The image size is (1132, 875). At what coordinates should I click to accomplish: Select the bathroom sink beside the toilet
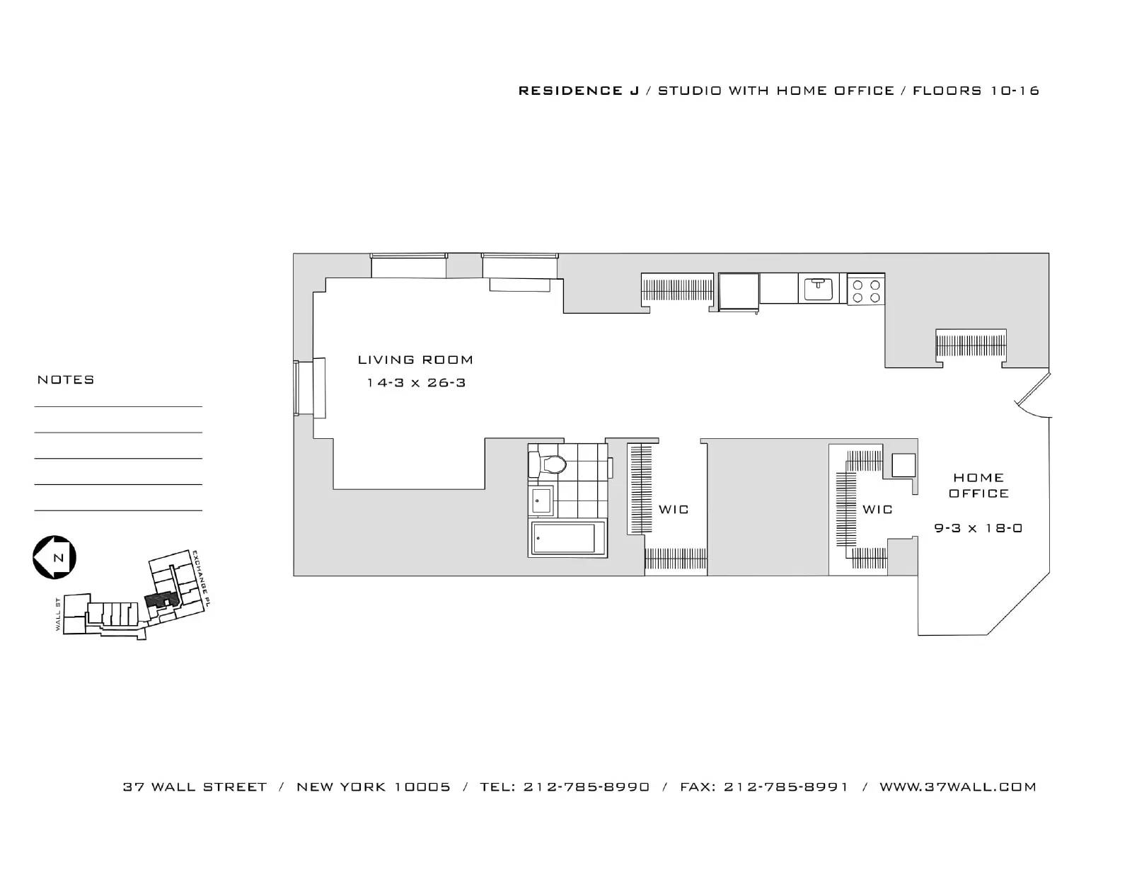pos(541,501)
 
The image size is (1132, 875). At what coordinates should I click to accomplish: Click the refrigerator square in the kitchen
pos(739,291)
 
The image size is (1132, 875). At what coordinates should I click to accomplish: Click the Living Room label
pos(415,360)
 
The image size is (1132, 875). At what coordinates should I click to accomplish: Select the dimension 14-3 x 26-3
pos(415,383)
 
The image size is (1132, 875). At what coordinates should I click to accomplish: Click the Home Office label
pos(978,486)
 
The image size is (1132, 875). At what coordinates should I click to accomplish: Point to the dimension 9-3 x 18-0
pos(978,528)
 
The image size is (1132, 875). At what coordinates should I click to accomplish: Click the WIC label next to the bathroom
pos(674,510)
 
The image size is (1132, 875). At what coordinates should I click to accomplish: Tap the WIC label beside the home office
pos(877,510)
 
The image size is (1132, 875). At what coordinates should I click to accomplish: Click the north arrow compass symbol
pos(54,557)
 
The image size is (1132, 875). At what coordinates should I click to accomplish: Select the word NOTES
pos(66,380)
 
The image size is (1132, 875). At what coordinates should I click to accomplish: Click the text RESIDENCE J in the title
pos(579,91)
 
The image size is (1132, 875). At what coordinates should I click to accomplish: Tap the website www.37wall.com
pos(957,787)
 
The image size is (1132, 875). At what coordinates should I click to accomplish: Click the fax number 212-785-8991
pos(785,787)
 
